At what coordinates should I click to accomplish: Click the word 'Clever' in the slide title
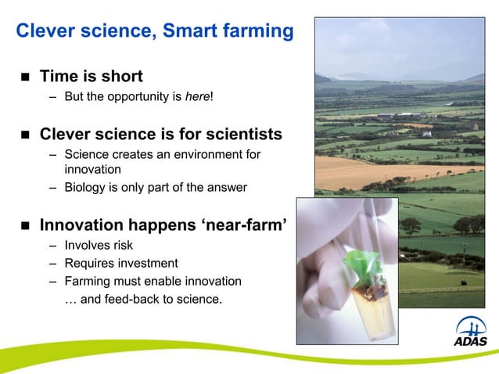tap(44, 31)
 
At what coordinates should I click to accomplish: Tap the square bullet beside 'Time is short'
tap(23, 77)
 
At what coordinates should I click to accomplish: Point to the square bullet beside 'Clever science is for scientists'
tap(23, 135)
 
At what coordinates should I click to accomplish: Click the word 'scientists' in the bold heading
tap(241, 134)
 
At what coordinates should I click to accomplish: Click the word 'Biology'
tap(85, 187)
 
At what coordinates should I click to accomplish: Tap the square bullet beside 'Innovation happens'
tap(23, 226)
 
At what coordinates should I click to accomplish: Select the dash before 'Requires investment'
tap(52, 263)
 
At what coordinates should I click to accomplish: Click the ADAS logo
tap(470, 333)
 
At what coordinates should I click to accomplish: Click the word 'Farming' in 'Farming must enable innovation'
tap(88, 281)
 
